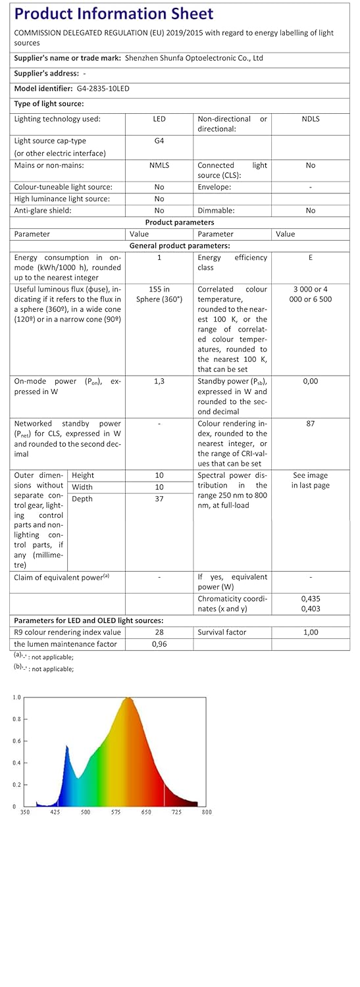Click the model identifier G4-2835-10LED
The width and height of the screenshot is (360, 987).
click(x=99, y=88)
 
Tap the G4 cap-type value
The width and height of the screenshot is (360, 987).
click(x=159, y=141)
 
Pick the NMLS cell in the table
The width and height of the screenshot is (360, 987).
click(x=159, y=165)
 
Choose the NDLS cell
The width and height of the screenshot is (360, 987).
click(x=311, y=119)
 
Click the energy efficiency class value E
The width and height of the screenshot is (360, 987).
click(x=311, y=258)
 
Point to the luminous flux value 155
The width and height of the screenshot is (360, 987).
click(x=159, y=289)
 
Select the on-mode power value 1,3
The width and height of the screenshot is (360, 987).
click(x=159, y=381)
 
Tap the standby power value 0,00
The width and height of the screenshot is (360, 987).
click(x=311, y=381)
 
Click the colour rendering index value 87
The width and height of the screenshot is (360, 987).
click(x=311, y=424)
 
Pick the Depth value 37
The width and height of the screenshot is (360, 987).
click(x=159, y=499)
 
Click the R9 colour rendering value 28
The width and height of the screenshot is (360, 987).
click(x=159, y=632)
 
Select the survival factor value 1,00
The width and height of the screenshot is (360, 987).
click(x=311, y=632)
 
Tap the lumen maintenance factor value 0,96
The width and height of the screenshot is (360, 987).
click(x=159, y=644)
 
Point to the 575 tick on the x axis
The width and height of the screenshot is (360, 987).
click(x=116, y=813)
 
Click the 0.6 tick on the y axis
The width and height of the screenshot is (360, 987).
click(x=16, y=741)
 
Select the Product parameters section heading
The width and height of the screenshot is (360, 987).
click(x=180, y=222)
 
